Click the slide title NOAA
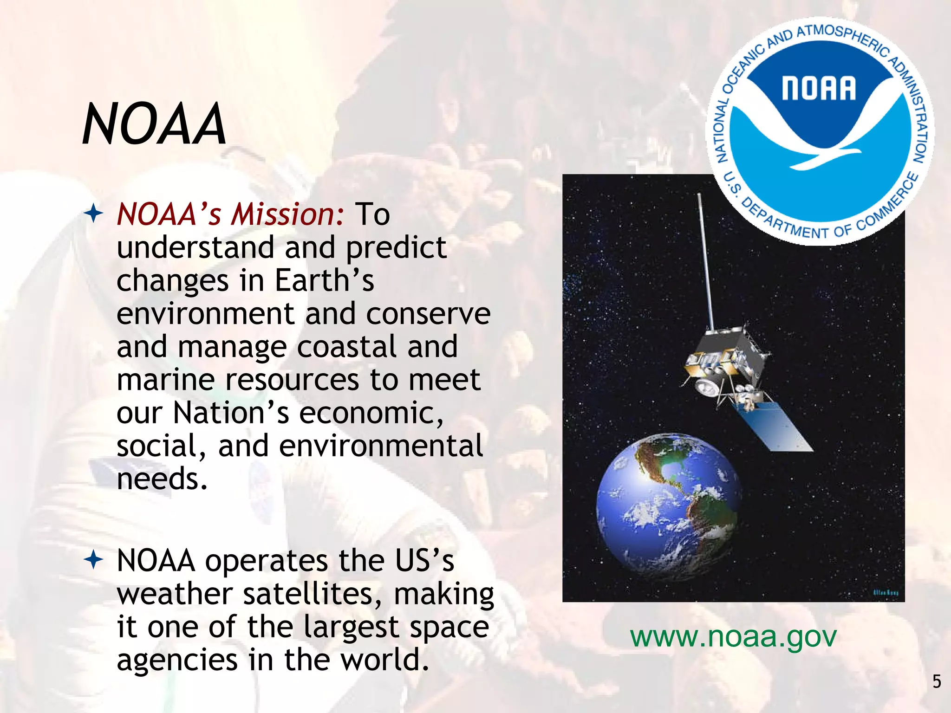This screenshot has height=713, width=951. [154, 124]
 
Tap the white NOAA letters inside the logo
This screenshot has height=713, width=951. [818, 88]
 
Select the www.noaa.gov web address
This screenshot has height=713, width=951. [733, 636]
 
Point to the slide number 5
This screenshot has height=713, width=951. [937, 681]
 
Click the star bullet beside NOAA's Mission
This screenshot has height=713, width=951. [93, 214]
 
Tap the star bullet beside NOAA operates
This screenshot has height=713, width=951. [93, 560]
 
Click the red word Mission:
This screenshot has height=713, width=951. [288, 214]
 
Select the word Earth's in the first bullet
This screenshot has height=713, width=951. [324, 281]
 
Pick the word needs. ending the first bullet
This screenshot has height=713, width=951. [162, 479]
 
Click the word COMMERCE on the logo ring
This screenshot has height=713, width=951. [889, 205]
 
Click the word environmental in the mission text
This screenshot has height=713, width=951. [381, 446]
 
